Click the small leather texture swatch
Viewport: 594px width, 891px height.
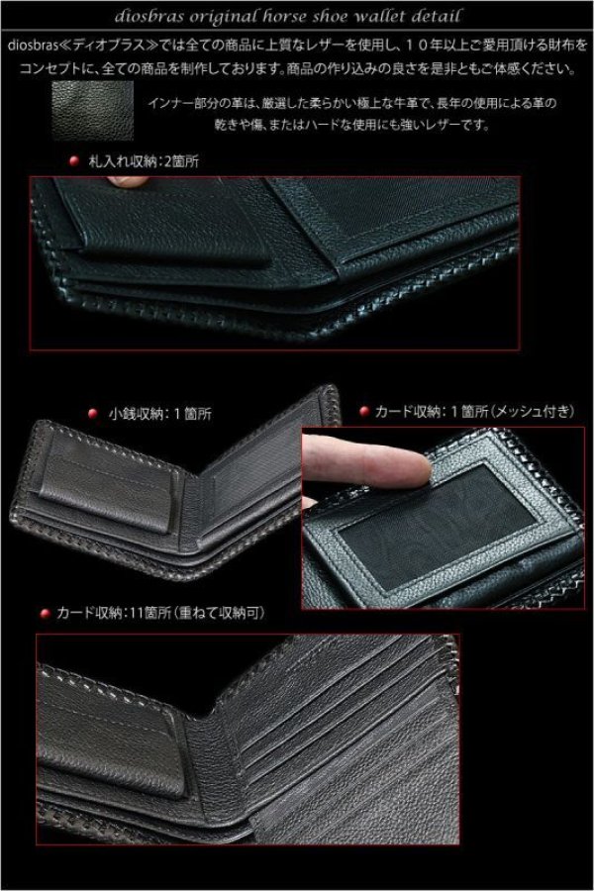coord(91,103)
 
